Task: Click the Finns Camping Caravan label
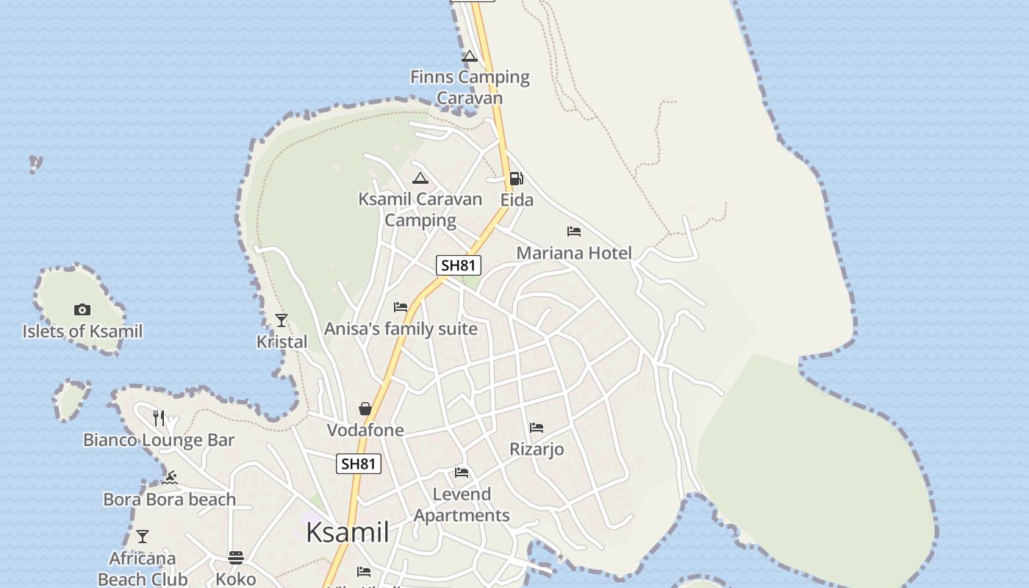click(470, 87)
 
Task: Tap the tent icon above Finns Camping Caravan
click(470, 56)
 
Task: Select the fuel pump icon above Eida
click(516, 179)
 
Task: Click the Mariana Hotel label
click(574, 253)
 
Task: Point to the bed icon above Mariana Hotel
click(574, 232)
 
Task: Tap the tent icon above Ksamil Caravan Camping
click(420, 178)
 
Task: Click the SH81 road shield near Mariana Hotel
click(459, 265)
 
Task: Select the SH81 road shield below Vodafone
click(359, 464)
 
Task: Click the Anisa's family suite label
click(401, 329)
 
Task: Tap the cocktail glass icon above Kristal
click(282, 320)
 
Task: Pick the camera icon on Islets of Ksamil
click(82, 309)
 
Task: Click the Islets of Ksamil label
click(82, 331)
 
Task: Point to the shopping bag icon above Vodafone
click(365, 409)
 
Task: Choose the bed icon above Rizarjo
click(537, 428)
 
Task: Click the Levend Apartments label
click(462, 504)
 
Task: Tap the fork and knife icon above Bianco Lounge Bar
click(159, 418)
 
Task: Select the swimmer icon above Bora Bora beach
click(170, 478)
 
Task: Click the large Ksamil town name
click(347, 532)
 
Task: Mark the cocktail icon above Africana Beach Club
click(143, 537)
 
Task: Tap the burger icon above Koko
click(236, 557)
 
